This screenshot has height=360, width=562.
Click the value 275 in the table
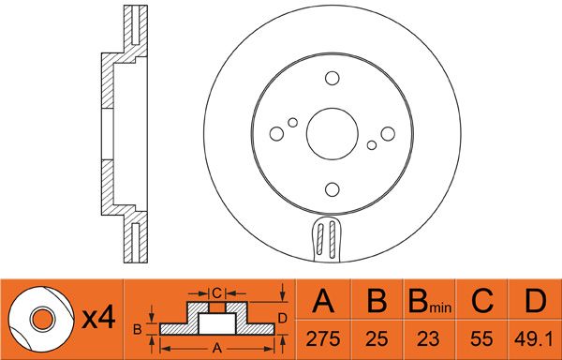(x=322, y=338)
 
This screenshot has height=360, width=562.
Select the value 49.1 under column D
(x=534, y=338)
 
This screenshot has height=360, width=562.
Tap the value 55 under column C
(x=481, y=338)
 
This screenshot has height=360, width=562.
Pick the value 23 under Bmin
(x=428, y=338)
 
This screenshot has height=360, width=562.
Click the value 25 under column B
(x=377, y=338)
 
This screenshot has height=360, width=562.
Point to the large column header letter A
(x=323, y=301)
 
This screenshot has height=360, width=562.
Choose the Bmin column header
(x=430, y=301)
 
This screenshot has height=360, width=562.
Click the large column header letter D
(x=536, y=301)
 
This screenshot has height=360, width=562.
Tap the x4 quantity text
(x=98, y=318)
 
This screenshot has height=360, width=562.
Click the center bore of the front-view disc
(x=333, y=134)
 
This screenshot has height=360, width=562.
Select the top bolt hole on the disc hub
(x=333, y=78)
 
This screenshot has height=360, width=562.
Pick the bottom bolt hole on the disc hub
(x=333, y=189)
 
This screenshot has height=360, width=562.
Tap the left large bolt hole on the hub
(x=276, y=134)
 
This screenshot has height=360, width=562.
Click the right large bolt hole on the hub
(x=388, y=134)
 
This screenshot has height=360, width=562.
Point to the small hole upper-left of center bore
(x=293, y=123)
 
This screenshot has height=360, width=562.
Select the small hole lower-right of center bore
(x=372, y=145)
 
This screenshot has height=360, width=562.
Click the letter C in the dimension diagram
(x=217, y=293)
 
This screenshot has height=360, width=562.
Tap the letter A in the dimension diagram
(x=217, y=348)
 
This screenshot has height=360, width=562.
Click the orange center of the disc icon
(x=43, y=319)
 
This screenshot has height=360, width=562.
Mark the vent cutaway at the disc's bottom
(x=328, y=239)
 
